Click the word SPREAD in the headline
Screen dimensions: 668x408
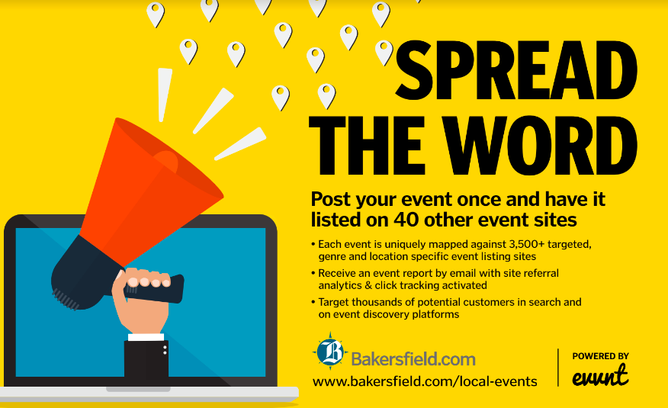point(516,70)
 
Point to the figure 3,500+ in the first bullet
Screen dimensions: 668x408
point(527,245)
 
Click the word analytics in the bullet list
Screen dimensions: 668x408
point(339,285)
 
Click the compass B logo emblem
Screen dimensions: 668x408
point(330,352)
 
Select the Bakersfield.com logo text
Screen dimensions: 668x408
point(413,359)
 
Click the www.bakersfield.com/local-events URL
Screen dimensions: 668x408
point(425,381)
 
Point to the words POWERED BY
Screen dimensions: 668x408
point(600,356)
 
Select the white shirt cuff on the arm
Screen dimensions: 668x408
point(146,337)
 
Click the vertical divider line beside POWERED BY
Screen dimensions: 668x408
point(558,368)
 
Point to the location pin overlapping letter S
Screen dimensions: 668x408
point(384,53)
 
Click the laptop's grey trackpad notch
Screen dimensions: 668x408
point(138,389)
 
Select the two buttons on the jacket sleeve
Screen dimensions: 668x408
point(165,350)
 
